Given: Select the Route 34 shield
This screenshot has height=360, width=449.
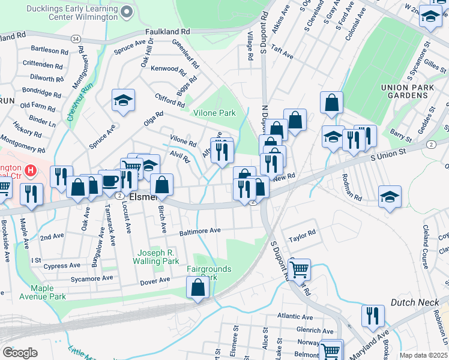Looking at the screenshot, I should point(75,38).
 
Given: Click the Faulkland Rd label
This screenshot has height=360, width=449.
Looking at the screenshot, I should point(167,31).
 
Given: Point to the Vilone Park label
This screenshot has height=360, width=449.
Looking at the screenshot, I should point(214,113).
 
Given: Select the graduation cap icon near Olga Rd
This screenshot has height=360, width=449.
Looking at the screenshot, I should point(123,100).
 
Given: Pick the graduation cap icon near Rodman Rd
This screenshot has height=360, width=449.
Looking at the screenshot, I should point(390,197).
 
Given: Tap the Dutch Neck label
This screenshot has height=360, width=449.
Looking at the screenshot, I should point(416,302).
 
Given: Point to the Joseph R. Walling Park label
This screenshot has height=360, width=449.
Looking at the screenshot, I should point(158,257).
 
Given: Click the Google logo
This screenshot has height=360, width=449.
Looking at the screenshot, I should point(20,353).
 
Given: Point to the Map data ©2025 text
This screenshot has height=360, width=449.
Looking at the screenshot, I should point(423,355).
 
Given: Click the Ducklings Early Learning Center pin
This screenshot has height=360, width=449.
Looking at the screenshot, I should point(126,12).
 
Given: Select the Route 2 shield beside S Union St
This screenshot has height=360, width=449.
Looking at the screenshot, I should point(431,145).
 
